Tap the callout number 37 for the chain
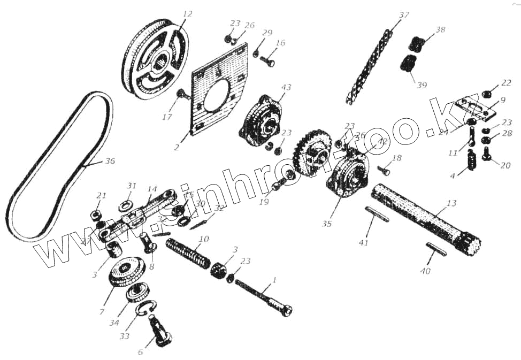tap(404, 16)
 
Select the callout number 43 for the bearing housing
tap(287, 88)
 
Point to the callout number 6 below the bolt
tap(141, 353)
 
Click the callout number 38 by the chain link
tap(440, 30)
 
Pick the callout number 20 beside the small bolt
tap(505, 165)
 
